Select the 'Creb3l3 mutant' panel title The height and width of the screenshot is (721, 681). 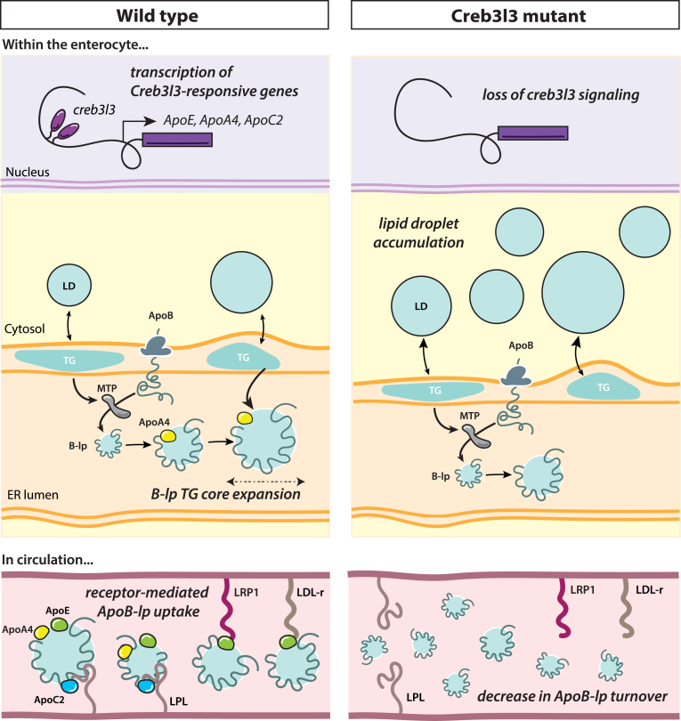click(514, 17)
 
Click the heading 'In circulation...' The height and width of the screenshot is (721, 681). click(50, 560)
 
